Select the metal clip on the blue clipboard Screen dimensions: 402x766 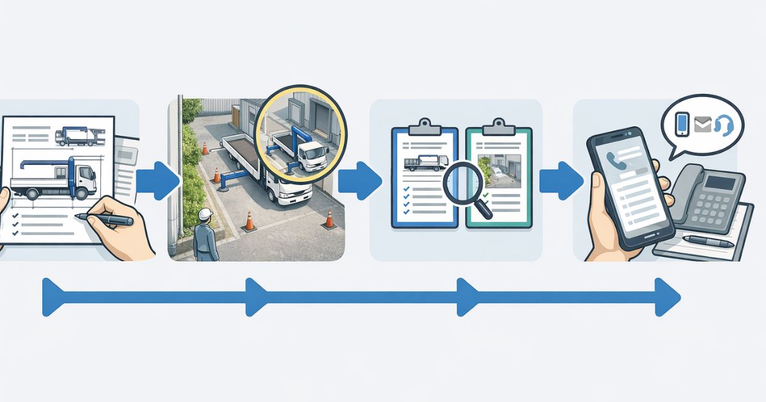tap(424, 126)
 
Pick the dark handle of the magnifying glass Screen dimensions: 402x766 tap(484, 209)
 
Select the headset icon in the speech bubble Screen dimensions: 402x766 tap(723, 124)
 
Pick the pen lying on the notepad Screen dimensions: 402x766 tap(709, 241)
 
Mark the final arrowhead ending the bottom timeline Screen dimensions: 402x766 tap(668, 297)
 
